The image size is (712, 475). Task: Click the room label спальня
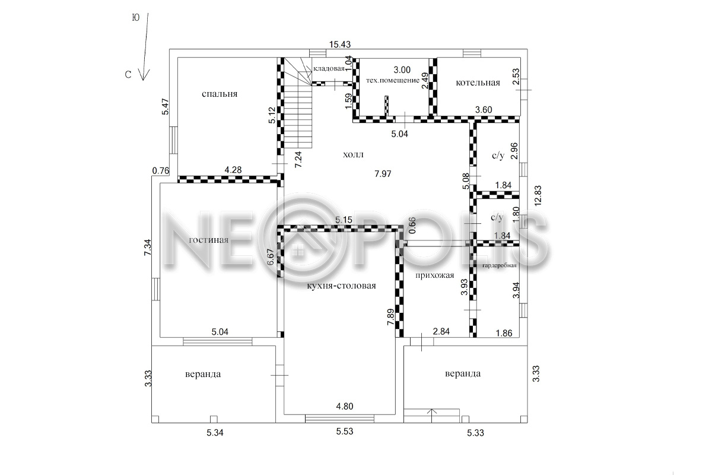click(220, 94)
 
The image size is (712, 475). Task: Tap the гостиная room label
click(208, 240)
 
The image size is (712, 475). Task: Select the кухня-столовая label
click(341, 286)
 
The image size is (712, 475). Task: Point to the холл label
click(353, 155)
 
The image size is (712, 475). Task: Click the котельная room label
click(478, 83)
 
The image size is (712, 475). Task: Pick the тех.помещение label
click(393, 81)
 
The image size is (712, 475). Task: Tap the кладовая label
click(329, 69)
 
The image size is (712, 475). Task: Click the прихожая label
click(434, 275)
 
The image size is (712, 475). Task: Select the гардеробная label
click(500, 265)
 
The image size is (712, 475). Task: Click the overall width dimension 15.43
click(340, 45)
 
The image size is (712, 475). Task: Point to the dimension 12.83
click(538, 196)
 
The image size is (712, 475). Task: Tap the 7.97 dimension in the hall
click(383, 174)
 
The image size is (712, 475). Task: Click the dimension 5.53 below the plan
click(345, 432)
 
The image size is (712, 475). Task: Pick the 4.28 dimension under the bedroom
click(233, 170)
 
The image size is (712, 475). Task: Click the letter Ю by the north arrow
click(136, 18)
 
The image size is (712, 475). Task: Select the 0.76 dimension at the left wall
click(161, 171)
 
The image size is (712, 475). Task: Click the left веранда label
click(203, 374)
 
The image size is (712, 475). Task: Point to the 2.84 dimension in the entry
click(441, 331)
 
